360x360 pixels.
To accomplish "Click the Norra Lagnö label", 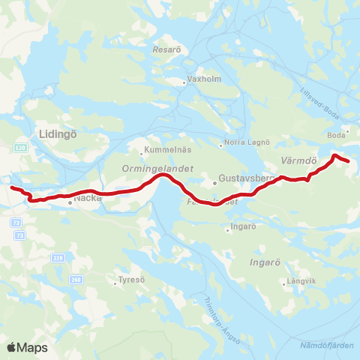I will click(x=242, y=144).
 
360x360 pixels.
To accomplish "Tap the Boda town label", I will click(x=336, y=135).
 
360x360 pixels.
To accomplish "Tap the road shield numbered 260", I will click(x=74, y=279).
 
